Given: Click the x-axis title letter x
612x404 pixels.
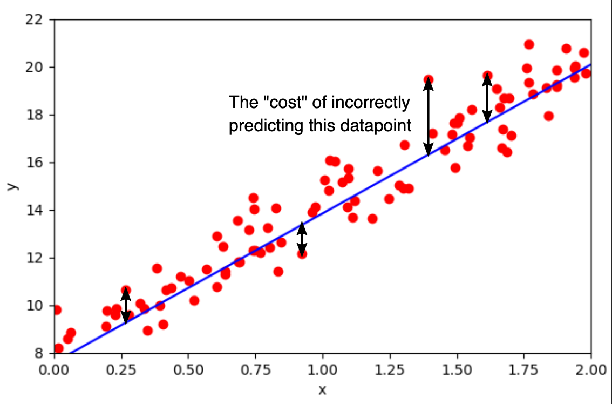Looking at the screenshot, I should point(322,389).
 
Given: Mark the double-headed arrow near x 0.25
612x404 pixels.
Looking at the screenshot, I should point(125,306).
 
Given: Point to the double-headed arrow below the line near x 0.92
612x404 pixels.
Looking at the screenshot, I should point(302,239).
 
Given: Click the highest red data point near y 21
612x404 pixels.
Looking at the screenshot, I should point(529,45).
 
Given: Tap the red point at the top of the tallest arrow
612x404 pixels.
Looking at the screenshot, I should point(428,80).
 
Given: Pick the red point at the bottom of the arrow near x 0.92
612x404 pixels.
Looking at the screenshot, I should point(302,253).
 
